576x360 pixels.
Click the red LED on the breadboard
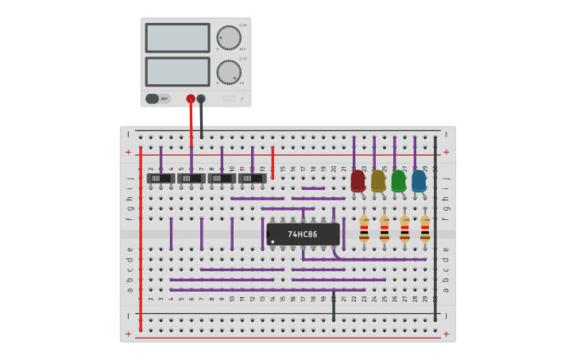358,180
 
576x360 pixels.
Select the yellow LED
378,180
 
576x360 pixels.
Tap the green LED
398,180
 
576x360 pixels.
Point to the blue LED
419,180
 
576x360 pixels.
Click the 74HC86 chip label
303,234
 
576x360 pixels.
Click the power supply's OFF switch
158,99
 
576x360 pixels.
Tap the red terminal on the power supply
191,99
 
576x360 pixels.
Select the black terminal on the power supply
201,99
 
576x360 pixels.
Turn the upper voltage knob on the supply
229,37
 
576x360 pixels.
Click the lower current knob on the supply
229,72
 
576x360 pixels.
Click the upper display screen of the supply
177,37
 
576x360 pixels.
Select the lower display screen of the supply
177,72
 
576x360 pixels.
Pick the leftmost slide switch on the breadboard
161,179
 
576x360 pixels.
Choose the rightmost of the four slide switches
253,179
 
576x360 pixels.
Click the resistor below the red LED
364,229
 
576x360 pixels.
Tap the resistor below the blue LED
425,229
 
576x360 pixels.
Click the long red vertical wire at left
141,238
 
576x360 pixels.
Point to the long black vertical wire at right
435,230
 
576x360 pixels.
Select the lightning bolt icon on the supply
242,99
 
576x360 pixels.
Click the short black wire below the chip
334,306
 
